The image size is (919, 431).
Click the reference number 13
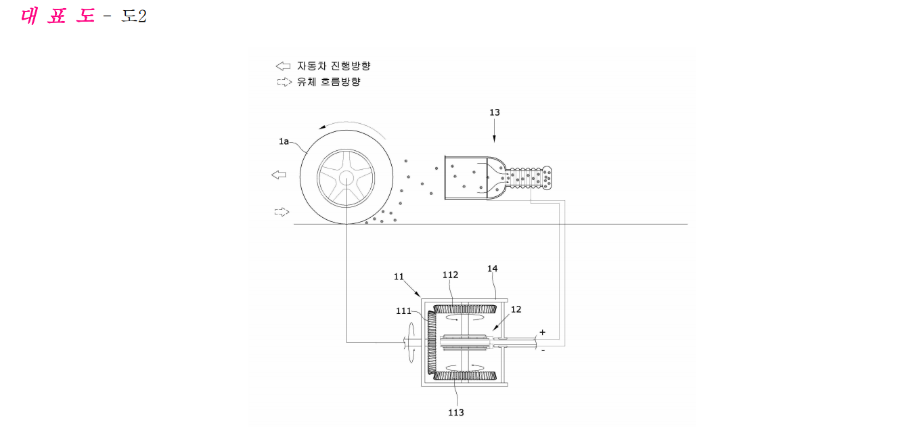point(495,112)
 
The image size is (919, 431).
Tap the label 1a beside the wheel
point(284,141)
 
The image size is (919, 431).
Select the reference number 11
point(399,277)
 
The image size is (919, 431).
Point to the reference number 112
point(450,275)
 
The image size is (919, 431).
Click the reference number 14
point(493,269)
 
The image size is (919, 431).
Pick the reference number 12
point(516,310)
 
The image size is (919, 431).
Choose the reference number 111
point(403,311)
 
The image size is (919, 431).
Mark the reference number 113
point(456,413)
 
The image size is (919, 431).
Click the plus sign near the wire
point(542,332)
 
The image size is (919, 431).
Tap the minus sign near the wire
point(543,350)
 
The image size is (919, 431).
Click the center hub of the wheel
point(346,178)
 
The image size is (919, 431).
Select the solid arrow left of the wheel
point(279,175)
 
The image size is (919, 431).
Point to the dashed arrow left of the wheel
point(282,212)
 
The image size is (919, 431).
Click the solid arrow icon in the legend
point(283,66)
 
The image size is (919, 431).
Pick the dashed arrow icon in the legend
point(284,82)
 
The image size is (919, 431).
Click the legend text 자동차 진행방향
point(334,66)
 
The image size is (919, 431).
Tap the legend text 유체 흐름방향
point(329,82)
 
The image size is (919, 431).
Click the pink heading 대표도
point(58,16)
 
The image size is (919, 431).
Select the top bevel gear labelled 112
point(465,309)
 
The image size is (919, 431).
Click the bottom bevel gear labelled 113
point(465,376)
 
